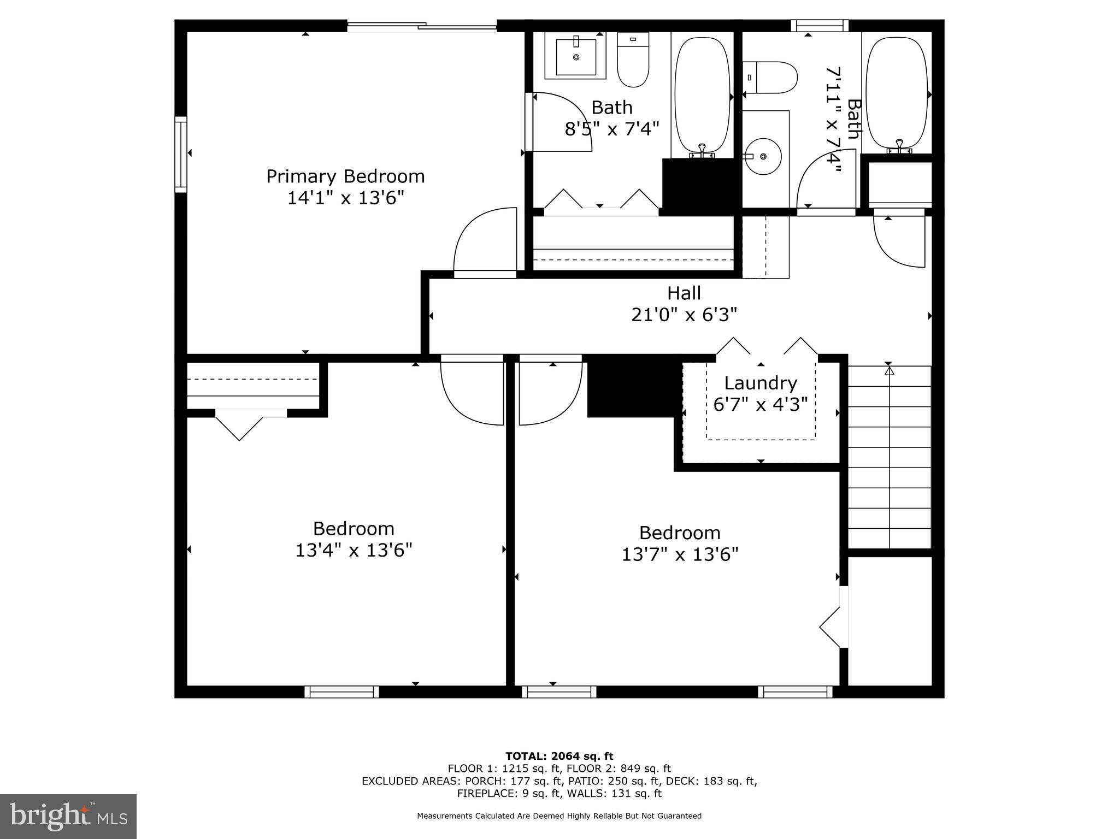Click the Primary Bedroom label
pyautogui.click(x=345, y=176)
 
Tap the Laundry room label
pyautogui.click(x=760, y=383)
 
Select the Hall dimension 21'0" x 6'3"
pyautogui.click(x=684, y=315)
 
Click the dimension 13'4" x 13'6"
pyautogui.click(x=354, y=550)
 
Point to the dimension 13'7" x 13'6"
pyautogui.click(x=680, y=554)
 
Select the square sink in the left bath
pyautogui.click(x=576, y=56)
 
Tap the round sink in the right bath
pyautogui.click(x=764, y=156)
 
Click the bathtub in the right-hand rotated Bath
pyautogui.click(x=897, y=93)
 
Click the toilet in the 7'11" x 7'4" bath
pyautogui.click(x=769, y=78)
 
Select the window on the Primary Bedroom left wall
pyautogui.click(x=181, y=154)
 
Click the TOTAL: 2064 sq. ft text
pyautogui.click(x=559, y=756)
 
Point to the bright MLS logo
pyautogui.click(x=68, y=816)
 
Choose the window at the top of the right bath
pyautogui.click(x=820, y=26)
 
